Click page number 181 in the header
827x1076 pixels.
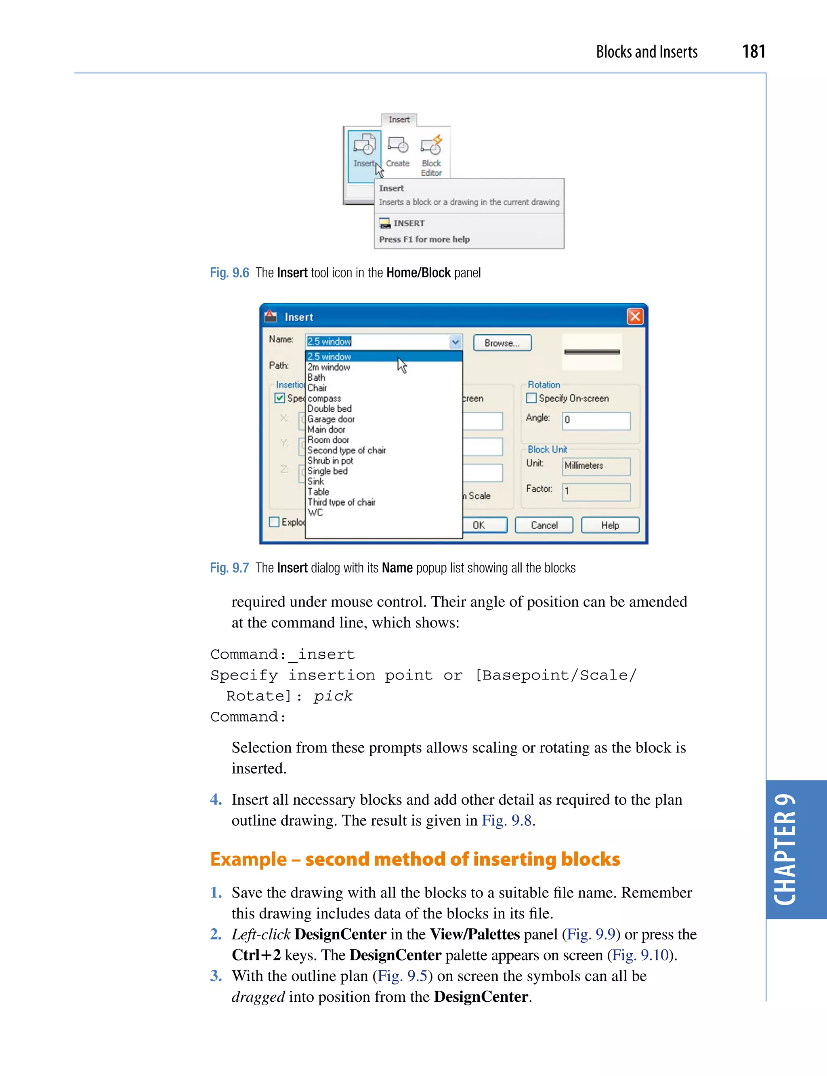[753, 52]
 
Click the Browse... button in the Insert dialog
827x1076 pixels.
[502, 343]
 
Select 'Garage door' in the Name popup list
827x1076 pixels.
[331, 419]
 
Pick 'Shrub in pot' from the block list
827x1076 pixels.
[330, 461]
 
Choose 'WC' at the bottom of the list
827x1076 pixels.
[315, 512]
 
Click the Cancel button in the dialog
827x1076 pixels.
[544, 525]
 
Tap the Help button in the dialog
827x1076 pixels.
[609, 525]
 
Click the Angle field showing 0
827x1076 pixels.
[596, 420]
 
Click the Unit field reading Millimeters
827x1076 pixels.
[596, 466]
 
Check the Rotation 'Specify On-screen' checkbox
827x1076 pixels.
[531, 398]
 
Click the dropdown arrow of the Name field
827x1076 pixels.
[455, 342]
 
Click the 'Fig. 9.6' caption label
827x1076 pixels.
[229, 273]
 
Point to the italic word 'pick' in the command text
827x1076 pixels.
[333, 696]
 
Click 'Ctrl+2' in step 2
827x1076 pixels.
[256, 955]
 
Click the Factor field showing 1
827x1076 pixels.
[596, 492]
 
